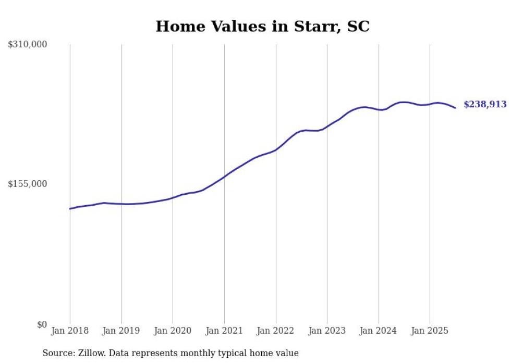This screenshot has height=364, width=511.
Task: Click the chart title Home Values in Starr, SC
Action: [262, 27]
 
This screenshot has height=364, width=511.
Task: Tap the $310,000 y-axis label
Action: [28, 45]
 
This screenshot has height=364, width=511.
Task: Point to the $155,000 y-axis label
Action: [28, 184]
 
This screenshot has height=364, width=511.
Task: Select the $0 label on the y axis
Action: [42, 324]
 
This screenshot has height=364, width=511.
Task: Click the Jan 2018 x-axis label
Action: [70, 331]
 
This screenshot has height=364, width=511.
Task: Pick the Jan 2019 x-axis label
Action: [121, 331]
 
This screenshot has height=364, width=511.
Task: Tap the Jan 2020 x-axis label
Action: [173, 331]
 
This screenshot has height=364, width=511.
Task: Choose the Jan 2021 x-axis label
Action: [224, 331]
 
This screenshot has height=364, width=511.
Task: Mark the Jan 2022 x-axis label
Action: [276, 331]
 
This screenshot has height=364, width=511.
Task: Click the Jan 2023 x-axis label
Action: [327, 331]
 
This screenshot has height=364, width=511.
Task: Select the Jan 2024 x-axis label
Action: [379, 331]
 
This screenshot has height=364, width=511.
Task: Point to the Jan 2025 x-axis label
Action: [430, 331]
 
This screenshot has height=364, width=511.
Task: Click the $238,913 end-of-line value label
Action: [485, 105]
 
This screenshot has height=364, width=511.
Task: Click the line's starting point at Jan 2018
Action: [70, 209]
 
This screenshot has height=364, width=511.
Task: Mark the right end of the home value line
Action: [455, 108]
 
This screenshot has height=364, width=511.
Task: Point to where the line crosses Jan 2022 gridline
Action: [276, 150]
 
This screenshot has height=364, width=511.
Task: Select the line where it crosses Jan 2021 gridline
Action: [224, 177]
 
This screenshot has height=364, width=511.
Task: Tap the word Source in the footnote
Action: [58, 353]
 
